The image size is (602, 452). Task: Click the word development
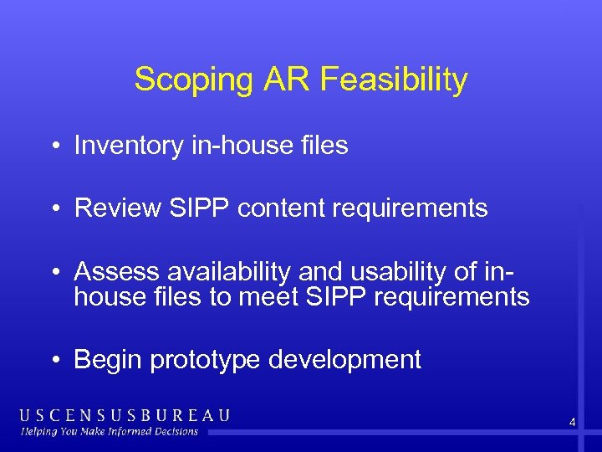[x=345, y=360]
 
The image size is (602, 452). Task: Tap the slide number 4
[x=572, y=423]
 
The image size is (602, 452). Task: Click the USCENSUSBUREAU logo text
[x=125, y=415]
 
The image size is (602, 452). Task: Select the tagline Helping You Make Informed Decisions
[x=110, y=432]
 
